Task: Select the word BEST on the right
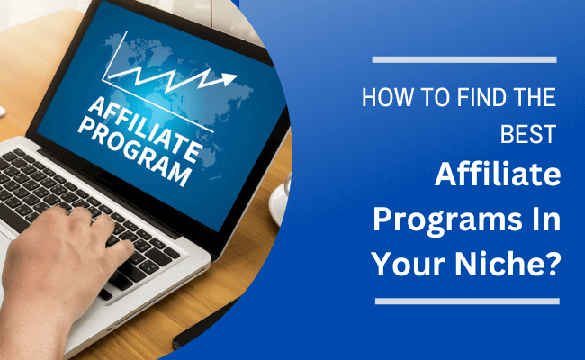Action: [x=528, y=134]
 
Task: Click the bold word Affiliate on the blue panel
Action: [x=498, y=175]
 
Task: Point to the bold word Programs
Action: [x=446, y=220]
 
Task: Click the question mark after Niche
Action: [x=552, y=264]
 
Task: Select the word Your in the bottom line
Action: [x=409, y=264]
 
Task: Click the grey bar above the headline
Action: [x=464, y=59]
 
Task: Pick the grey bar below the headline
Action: [x=467, y=301]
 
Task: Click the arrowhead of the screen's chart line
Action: [x=229, y=78]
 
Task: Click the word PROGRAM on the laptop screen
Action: [x=135, y=154]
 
